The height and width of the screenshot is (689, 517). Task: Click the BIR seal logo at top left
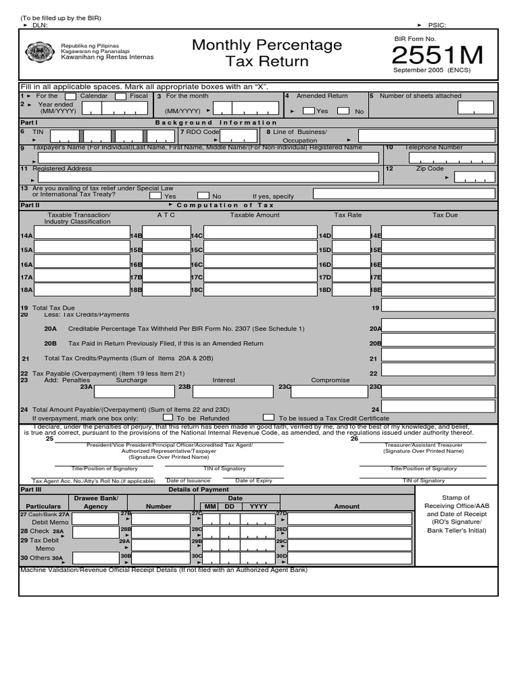42,52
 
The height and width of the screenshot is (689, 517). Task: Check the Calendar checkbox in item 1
70,96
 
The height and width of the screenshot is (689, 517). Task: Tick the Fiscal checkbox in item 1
120,96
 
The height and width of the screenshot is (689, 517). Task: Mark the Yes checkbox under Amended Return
308,111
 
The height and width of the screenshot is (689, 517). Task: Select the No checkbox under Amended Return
343,111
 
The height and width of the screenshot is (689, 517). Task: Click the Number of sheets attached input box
475,108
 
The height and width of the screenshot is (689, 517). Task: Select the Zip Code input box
474,177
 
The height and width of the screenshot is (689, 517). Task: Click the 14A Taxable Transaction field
81,233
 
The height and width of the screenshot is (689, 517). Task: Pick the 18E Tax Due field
438,289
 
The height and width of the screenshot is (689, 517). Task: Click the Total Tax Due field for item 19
438,307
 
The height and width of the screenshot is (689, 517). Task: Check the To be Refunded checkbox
168,417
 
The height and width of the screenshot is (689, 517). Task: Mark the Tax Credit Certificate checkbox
269,417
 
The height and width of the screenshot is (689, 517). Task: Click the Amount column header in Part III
347,506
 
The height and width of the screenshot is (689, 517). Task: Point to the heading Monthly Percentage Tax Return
267,53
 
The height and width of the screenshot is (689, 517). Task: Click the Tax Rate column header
348,215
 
